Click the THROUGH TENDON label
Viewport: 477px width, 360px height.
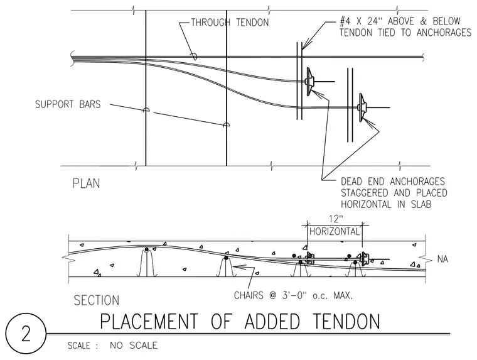pos(230,23)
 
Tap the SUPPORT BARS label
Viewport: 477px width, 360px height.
pos(68,104)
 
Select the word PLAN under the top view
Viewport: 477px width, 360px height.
pos(86,183)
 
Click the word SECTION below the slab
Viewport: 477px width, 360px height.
pos(97,300)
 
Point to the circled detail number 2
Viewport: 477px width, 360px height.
pos(26,334)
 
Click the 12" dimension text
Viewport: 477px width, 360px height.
pos(336,219)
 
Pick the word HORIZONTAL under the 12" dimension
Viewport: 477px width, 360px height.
pos(335,231)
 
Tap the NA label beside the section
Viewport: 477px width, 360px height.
pos(442,259)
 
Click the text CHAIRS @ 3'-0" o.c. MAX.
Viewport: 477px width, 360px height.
pos(293,295)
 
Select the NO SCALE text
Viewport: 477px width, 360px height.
pos(134,346)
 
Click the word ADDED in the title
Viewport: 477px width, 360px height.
pos(272,321)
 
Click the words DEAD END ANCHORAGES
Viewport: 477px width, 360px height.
pos(393,182)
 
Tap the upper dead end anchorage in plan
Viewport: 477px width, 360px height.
pos(309,82)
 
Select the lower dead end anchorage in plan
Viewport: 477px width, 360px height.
pos(362,107)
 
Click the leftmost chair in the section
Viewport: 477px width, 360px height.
pos(147,263)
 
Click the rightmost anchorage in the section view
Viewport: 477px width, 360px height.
pos(363,258)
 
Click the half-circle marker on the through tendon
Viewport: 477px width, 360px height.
pos(193,57)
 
